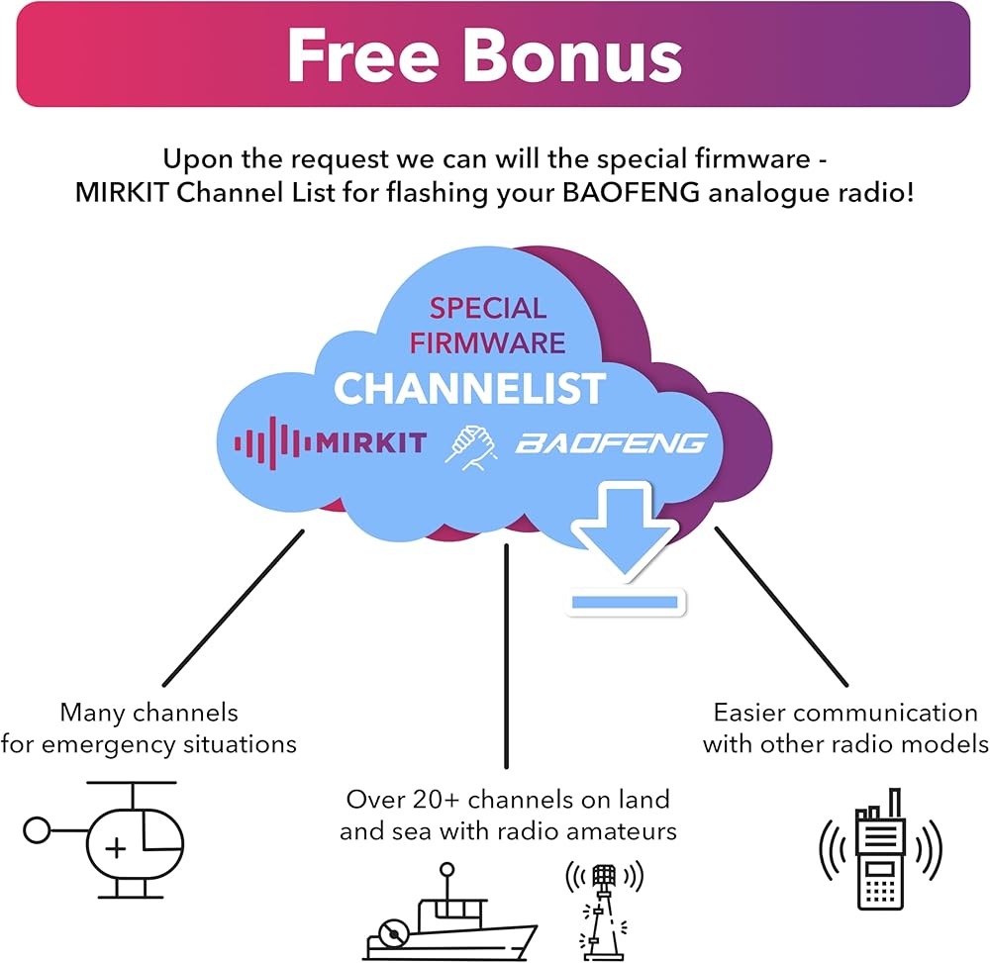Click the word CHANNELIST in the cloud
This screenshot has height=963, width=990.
click(x=469, y=388)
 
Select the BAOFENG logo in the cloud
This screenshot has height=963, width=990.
click(x=611, y=442)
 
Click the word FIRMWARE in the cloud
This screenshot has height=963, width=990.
click(x=487, y=342)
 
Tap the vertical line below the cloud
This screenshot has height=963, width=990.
click(x=506, y=653)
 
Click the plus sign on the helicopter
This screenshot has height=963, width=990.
click(x=117, y=848)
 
